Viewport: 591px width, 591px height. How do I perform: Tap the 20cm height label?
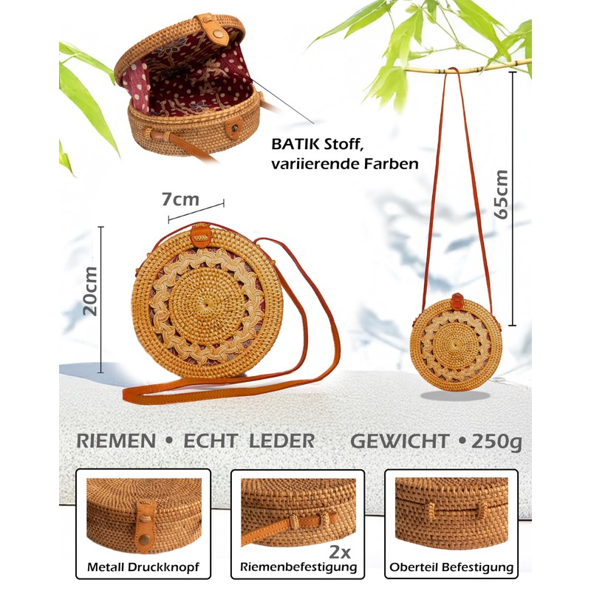click(x=90, y=290)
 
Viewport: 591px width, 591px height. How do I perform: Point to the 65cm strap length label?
click(x=502, y=194)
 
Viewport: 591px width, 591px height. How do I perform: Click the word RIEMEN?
click(x=116, y=442)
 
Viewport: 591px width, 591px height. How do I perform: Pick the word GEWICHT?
click(x=399, y=442)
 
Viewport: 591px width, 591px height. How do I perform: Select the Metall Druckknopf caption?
click(x=143, y=567)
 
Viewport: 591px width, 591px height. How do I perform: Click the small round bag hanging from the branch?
click(x=456, y=341)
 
